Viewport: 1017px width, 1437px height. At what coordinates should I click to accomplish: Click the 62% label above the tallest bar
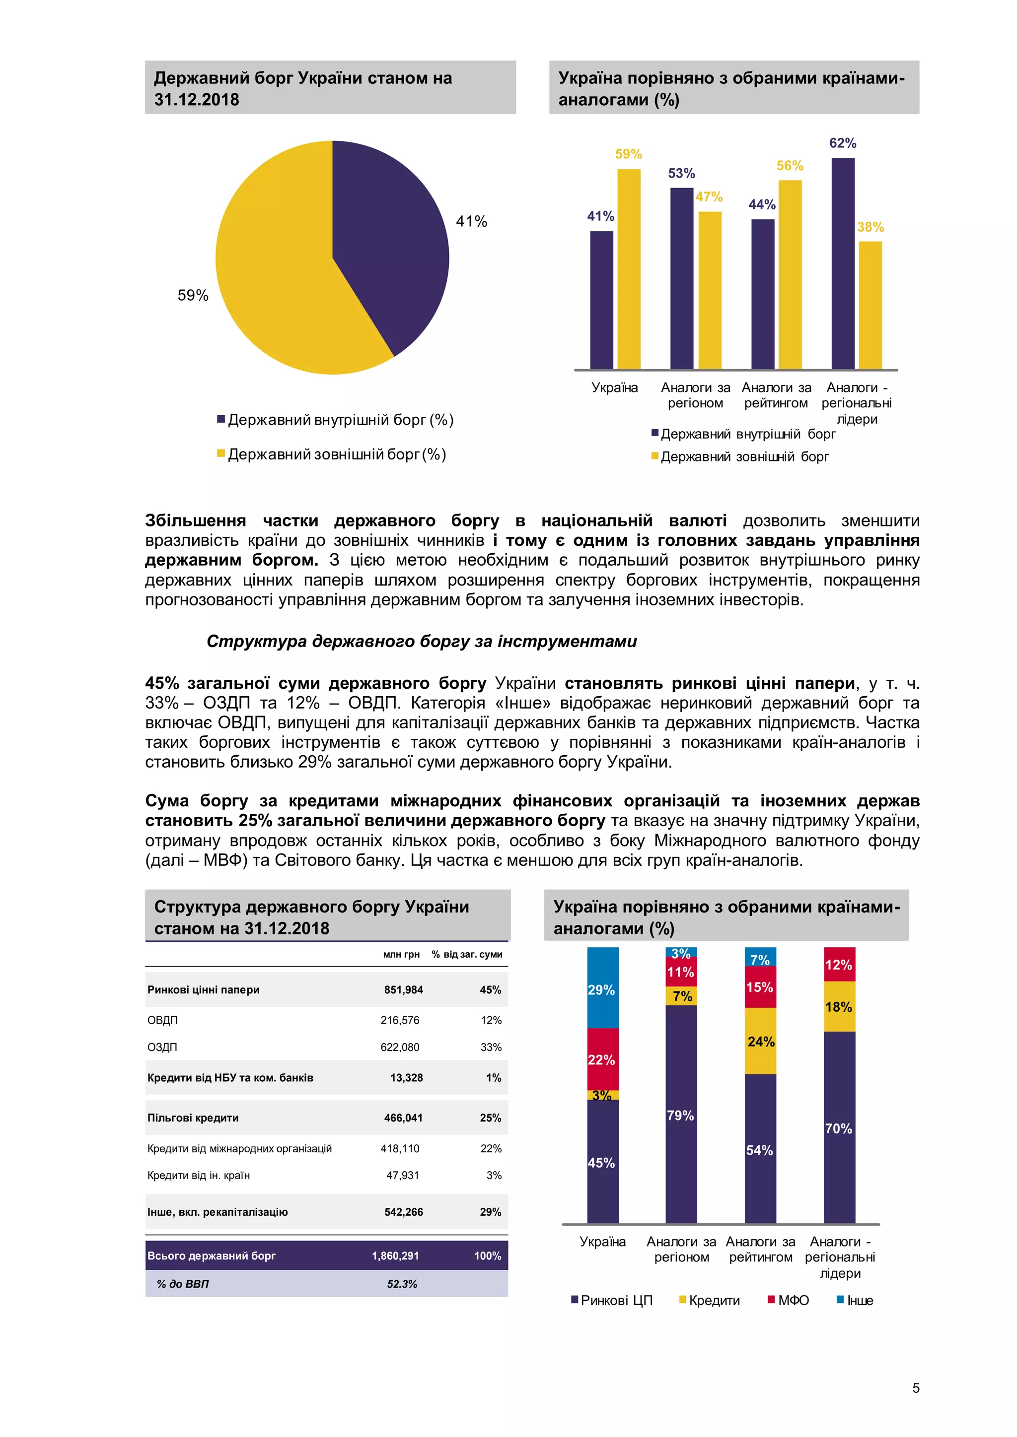[x=842, y=143]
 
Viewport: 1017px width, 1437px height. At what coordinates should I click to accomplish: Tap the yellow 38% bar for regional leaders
[x=870, y=307]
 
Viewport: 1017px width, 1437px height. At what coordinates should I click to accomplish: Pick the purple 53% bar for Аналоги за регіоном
[x=681, y=278]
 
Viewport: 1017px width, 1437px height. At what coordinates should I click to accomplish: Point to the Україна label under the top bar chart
[x=614, y=388]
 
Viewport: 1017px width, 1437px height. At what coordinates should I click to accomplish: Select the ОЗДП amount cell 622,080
[x=400, y=1047]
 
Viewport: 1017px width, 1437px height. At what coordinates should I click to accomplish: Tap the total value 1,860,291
[x=395, y=1255]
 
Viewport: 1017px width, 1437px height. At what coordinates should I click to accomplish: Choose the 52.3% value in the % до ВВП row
[x=401, y=1284]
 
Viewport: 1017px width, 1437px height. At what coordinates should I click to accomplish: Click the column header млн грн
[x=401, y=955]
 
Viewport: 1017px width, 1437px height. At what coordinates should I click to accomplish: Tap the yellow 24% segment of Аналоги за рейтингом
[x=760, y=1042]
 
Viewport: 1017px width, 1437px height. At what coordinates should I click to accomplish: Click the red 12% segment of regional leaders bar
[x=839, y=965]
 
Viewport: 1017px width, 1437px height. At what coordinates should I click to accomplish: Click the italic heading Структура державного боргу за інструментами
[x=422, y=642]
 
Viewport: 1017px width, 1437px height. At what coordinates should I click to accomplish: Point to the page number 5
[x=916, y=1388]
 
